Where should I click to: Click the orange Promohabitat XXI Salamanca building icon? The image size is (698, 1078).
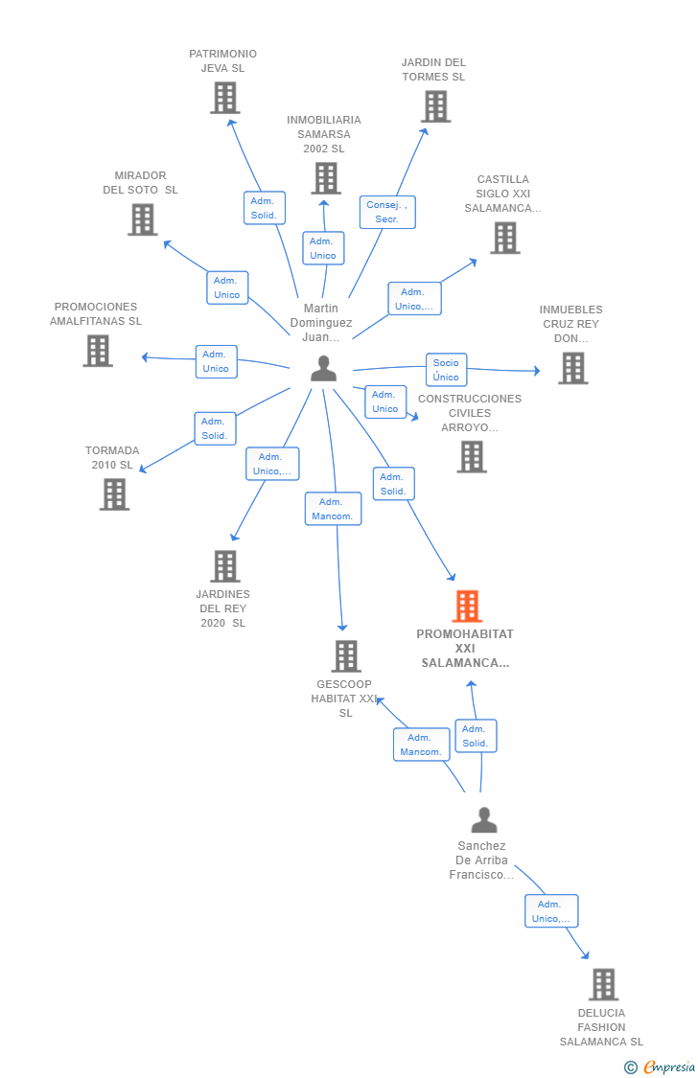coord(467,606)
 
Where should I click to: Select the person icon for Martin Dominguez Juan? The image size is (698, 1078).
coord(324,369)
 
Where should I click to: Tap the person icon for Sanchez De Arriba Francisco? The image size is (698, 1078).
coord(484,820)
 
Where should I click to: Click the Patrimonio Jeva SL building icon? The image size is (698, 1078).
coord(224,98)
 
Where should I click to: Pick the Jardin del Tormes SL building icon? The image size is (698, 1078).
coord(435,106)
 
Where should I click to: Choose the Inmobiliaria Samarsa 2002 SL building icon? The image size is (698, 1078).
coord(326,178)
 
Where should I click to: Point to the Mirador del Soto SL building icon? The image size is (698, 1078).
coord(142,219)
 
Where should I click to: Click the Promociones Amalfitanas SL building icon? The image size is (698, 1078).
coord(98,351)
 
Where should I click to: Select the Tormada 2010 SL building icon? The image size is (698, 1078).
coord(114,494)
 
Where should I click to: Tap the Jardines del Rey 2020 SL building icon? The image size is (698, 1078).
coord(224,566)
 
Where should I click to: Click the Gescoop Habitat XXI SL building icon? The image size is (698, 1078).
coord(346,656)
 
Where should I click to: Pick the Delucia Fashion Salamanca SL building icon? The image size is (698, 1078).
coord(603,984)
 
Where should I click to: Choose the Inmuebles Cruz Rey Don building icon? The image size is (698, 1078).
coord(572,368)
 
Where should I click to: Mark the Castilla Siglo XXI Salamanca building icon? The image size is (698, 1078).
coord(504,238)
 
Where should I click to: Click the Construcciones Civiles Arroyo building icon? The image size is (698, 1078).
coord(471,457)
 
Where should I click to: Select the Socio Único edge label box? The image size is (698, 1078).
coord(446,370)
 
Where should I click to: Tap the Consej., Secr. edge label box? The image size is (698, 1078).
coord(387,212)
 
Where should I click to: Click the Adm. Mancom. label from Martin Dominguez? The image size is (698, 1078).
coord(333,509)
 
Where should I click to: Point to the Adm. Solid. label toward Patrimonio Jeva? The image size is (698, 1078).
coord(264,208)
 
